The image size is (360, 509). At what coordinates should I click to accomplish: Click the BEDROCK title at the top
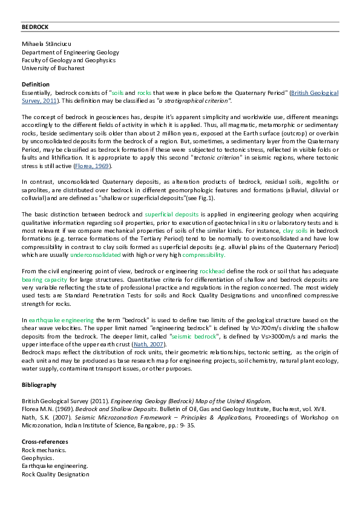tap(34, 27)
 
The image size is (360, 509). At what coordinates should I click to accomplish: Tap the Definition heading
tap(35, 84)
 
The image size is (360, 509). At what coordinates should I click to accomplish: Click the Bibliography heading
tap(39, 384)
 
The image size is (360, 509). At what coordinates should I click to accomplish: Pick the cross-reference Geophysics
tap(38, 458)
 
